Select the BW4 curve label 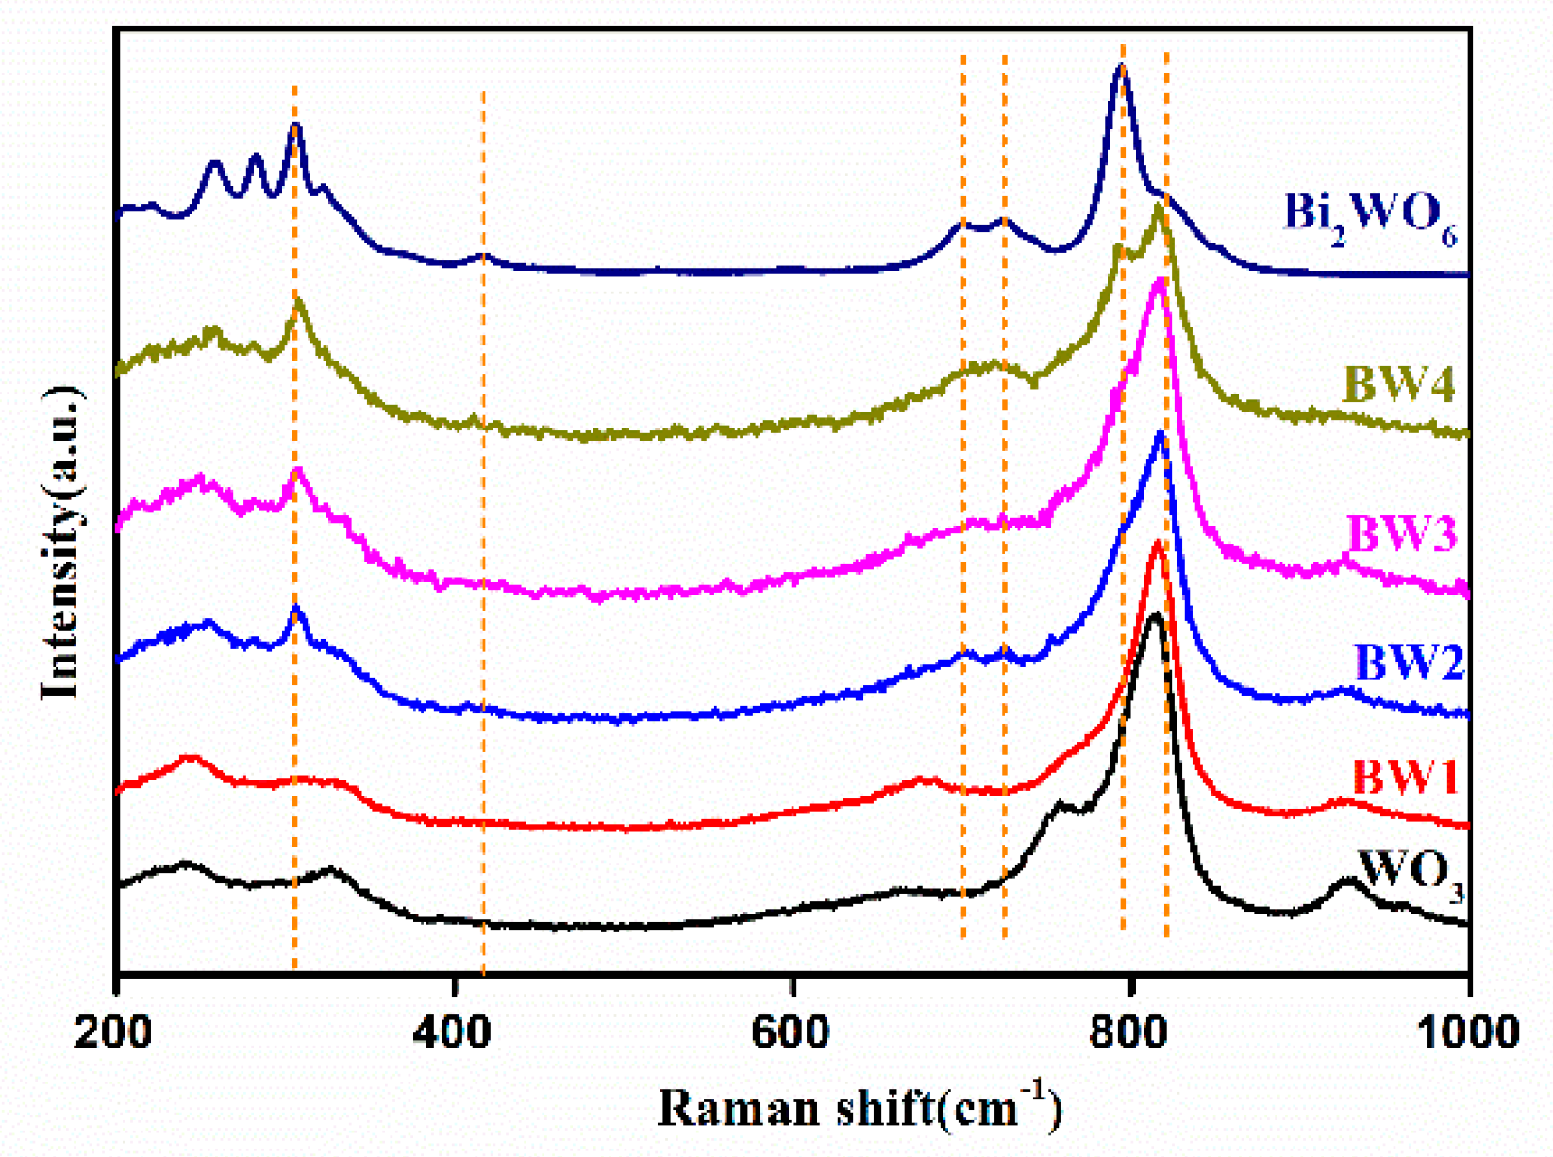click(1398, 385)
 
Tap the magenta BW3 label click(1402, 534)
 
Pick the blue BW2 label click(1408, 662)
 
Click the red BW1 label click(1405, 778)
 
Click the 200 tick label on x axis click(114, 1031)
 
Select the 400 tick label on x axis click(454, 1031)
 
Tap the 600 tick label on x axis click(792, 1031)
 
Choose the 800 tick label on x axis click(1129, 1031)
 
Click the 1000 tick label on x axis click(1468, 1031)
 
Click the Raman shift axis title click(859, 1106)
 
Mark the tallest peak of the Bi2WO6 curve click(1121, 66)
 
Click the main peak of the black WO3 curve click(1153, 614)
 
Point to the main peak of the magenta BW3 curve click(1159, 279)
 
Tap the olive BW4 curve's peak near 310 click(298, 302)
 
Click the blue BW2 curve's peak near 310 click(296, 610)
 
